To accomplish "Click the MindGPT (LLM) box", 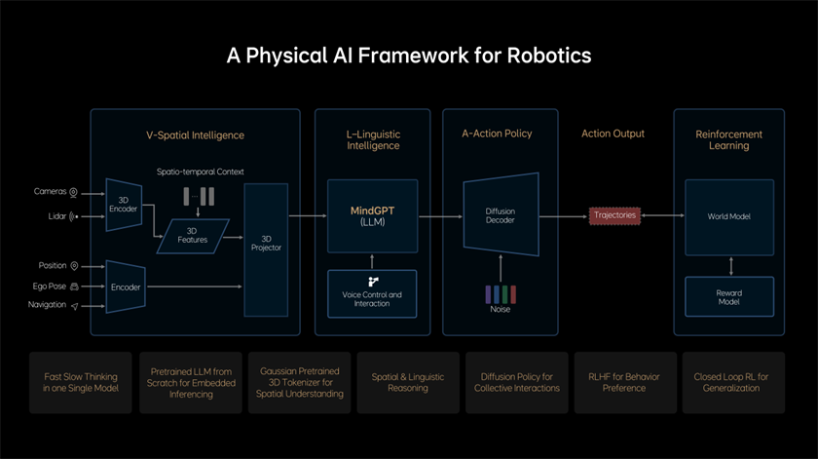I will pos(372,215).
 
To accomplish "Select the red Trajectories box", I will pos(614,215).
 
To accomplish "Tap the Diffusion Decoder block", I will pos(501,216).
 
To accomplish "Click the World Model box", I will pos(729,216).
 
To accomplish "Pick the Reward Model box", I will pos(729,296).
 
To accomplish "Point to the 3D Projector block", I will pos(266,243).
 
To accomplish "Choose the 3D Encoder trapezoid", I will pos(124,204).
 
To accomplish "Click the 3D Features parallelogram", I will pos(192,235).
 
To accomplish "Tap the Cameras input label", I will pos(50,192).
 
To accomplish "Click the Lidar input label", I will pos(56,216).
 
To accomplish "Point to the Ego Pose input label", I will pos(49,287).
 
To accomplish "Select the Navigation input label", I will pos(47,305).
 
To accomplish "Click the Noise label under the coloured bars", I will pos(501,310).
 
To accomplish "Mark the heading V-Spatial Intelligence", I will pos(195,134).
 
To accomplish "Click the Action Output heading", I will pos(613,134).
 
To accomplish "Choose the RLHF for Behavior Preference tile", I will pos(624,382).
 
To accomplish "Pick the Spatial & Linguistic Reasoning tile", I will pos(407,382).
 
